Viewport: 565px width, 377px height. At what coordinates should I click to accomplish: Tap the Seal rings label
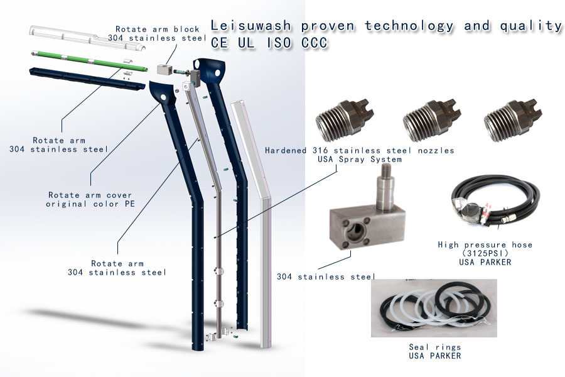click(x=434, y=347)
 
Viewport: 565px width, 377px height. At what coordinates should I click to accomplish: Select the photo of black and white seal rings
click(x=434, y=309)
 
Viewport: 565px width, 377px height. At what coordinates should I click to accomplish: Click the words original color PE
click(x=90, y=204)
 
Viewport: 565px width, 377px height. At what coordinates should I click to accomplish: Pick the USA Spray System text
click(x=359, y=160)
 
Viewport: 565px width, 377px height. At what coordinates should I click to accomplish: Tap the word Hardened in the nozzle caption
click(x=286, y=151)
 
